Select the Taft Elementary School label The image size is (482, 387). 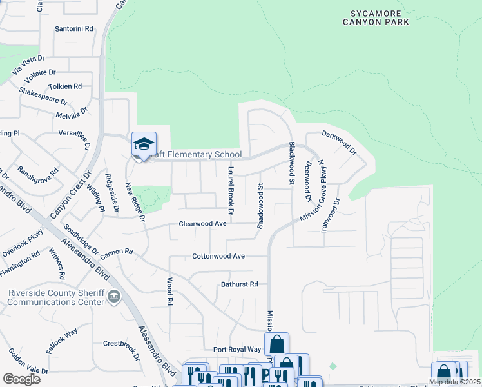tap(193, 155)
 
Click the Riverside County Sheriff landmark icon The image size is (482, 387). tap(114, 297)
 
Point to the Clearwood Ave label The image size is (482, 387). tap(202, 224)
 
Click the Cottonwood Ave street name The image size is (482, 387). tap(218, 256)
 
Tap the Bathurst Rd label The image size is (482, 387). tap(239, 284)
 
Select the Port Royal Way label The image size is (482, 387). tap(237, 350)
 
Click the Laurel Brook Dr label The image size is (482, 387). tap(230, 187)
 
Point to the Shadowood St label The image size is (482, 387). tap(261, 205)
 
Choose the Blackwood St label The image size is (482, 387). tap(291, 164)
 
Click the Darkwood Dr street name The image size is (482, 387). tap(339, 143)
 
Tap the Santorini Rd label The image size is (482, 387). tap(74, 29)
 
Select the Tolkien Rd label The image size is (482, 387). tap(65, 86)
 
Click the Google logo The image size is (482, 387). tap(21, 379)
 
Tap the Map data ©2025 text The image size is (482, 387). tap(454, 382)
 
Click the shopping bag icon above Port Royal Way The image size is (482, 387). tap(276, 344)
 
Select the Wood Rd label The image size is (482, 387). tap(170, 292)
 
